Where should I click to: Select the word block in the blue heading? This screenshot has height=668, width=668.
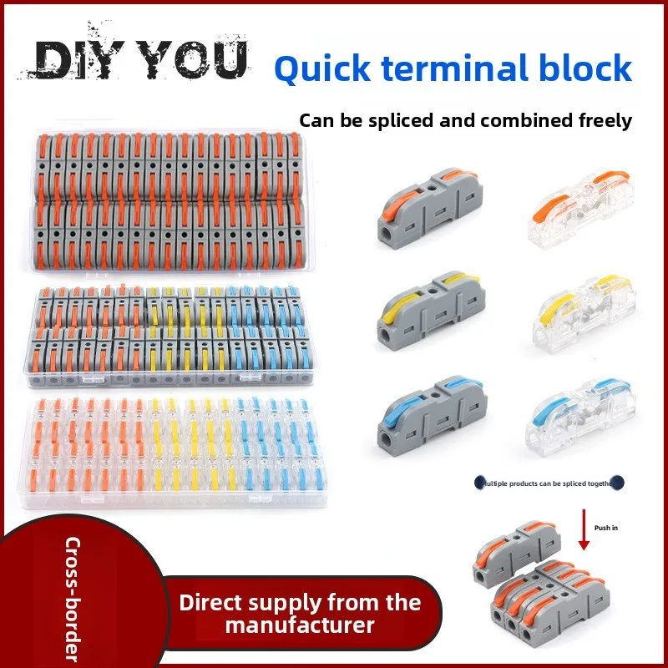pos(588,68)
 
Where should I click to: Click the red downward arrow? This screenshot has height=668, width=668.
pos(584,534)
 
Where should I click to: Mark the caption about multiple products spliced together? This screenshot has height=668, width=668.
pos(548,483)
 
